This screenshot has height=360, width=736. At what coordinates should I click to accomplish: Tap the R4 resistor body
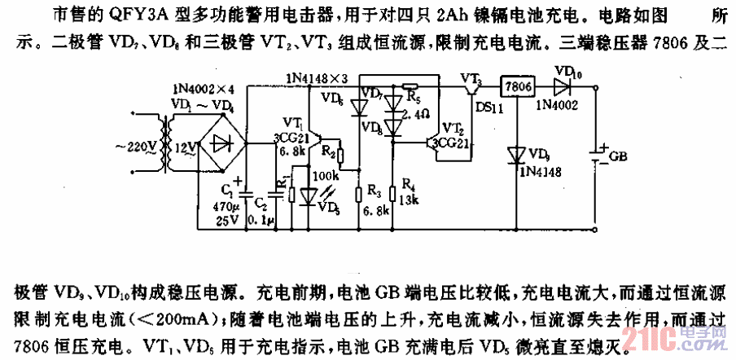pyautogui.click(x=393, y=193)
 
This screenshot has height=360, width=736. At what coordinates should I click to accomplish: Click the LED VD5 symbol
pyautogui.click(x=307, y=195)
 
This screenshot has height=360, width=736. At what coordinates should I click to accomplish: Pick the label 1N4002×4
pyautogui.click(x=200, y=88)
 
